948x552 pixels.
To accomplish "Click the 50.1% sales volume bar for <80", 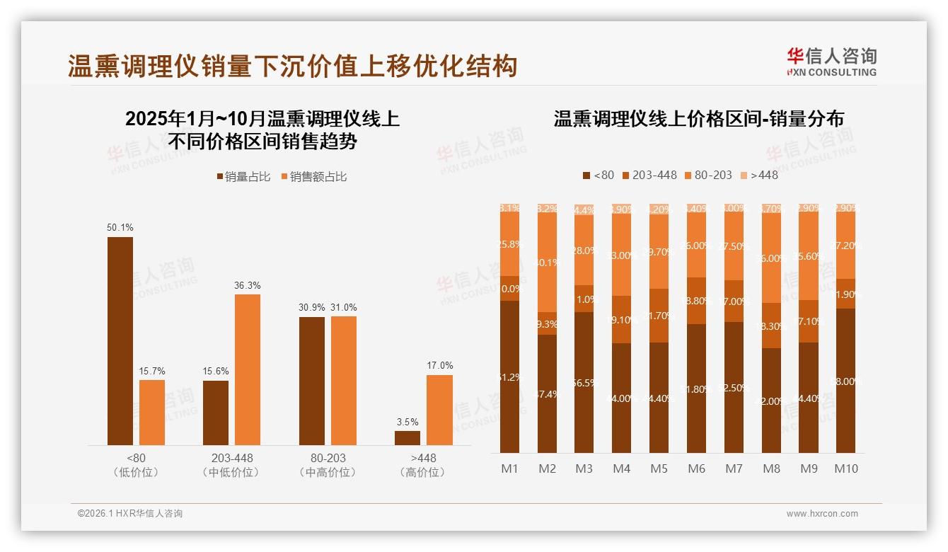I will tap(120, 341).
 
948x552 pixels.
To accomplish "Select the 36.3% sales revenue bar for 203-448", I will tap(248, 369).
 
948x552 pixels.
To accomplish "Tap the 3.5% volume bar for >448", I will tap(407, 438).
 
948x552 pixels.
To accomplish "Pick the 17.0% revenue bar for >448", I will tap(439, 410).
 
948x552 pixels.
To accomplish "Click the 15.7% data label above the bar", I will tap(152, 371).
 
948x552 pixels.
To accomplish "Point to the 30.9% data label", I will tap(311, 308).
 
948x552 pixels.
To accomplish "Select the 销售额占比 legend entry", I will tap(314, 177).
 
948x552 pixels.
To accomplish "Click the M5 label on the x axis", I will tap(659, 468).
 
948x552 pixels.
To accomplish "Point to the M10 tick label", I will tap(845, 468).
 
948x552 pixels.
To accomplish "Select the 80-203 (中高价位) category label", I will tap(328, 465).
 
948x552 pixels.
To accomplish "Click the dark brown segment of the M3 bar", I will tap(584, 382).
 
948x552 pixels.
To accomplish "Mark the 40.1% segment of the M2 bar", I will tap(547, 262).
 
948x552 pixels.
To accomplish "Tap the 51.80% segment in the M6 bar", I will tap(696, 389).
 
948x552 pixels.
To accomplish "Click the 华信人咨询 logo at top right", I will tap(831, 62).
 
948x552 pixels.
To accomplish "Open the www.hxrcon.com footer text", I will tap(822, 514).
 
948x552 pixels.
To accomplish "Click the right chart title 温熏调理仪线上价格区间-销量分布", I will tap(698, 119).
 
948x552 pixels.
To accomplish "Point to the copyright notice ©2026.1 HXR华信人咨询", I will tap(130, 514).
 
